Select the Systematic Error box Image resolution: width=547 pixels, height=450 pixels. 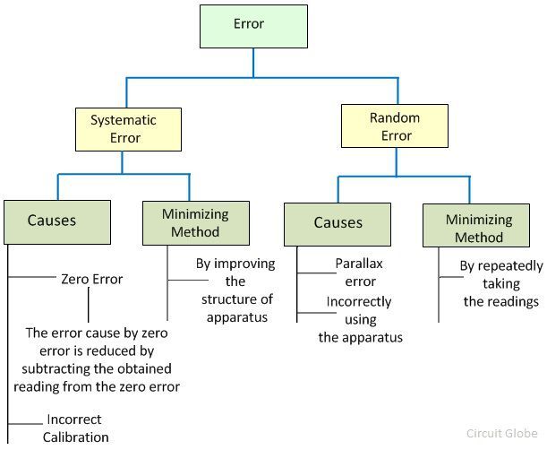pos(123,128)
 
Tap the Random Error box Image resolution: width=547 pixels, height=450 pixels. pos(395,126)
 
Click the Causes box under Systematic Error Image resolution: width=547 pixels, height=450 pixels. pos(57,221)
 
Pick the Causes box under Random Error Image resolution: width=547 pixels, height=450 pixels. pos(338,223)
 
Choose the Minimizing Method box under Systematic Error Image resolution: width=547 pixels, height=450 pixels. pos(194,222)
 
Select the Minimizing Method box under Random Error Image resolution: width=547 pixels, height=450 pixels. pos(478,228)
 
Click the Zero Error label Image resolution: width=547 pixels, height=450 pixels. pos(91,279)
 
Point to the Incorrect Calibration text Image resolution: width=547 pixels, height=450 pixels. pos(75,428)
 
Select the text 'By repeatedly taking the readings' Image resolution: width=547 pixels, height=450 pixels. pos(500,283)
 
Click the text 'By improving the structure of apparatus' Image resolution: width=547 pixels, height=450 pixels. pos(236,290)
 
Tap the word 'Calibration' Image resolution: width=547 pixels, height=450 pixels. pos(75,437)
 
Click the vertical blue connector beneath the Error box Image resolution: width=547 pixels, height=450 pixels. pos(252,62)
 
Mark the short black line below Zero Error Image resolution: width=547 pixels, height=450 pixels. pos(88,307)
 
